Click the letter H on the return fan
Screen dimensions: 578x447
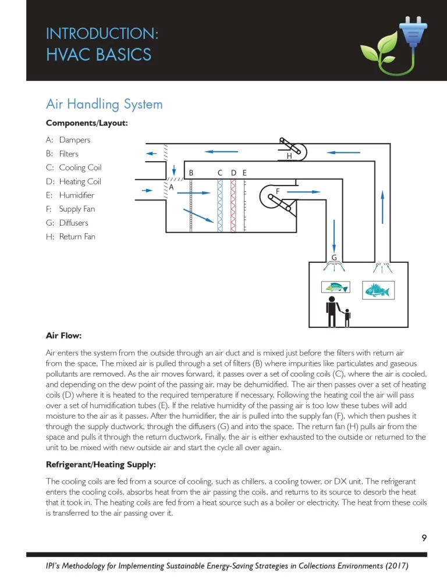289,156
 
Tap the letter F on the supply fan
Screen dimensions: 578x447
278,191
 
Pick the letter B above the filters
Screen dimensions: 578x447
191,173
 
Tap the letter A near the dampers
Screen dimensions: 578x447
172,187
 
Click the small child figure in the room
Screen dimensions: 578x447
347,317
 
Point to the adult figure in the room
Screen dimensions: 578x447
332,311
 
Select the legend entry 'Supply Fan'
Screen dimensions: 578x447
77,209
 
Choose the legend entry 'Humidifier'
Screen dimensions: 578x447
76,195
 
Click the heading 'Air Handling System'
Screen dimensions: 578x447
104,104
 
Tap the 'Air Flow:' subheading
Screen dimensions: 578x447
63,336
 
